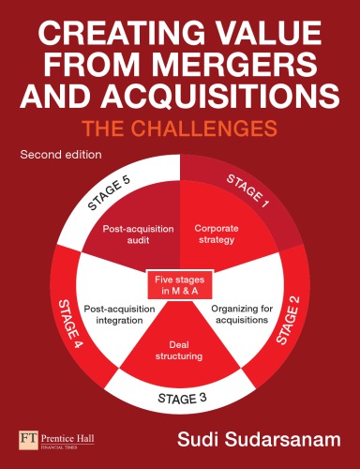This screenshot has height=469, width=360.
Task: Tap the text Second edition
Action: [x=57, y=154]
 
